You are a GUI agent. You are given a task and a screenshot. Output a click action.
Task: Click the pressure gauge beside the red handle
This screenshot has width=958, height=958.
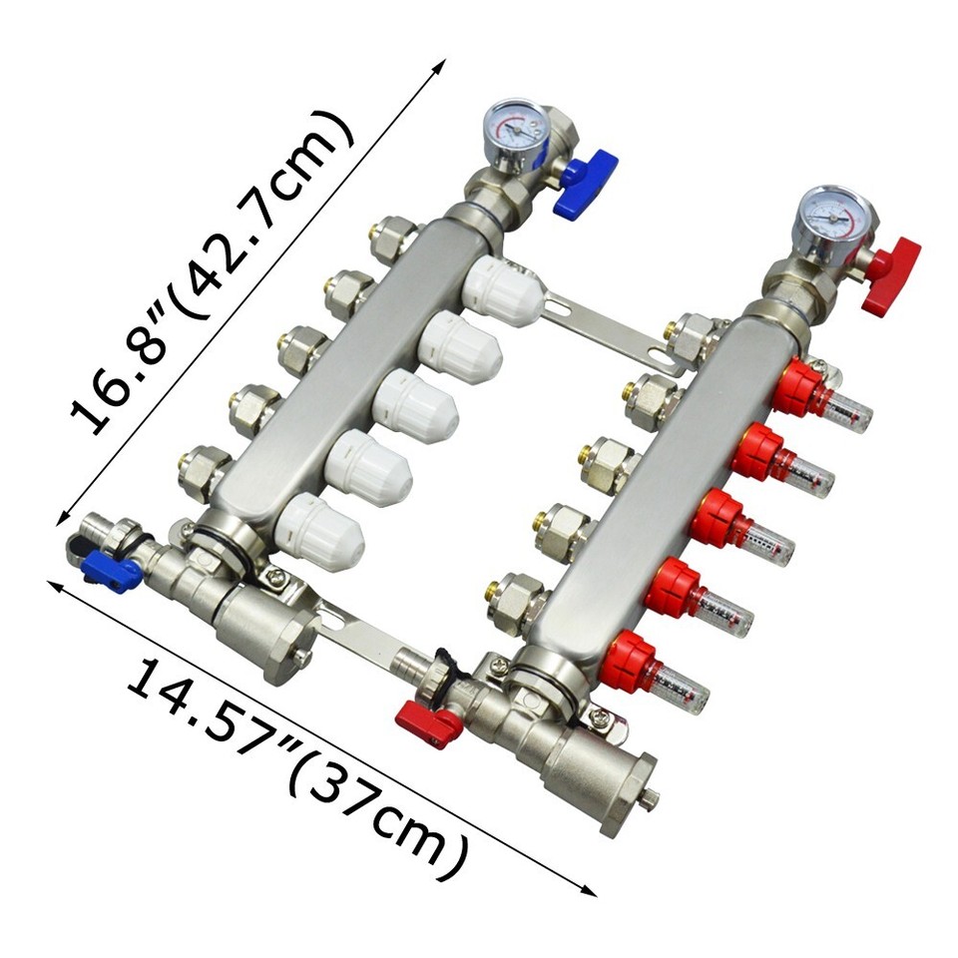click(x=833, y=219)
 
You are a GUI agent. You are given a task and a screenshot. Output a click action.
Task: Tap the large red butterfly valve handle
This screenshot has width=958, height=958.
click(x=891, y=270)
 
